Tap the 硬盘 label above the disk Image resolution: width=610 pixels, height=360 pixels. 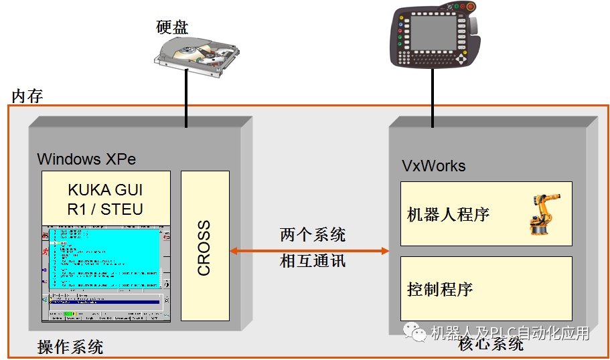tap(172, 27)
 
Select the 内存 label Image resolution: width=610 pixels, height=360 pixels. tap(27, 96)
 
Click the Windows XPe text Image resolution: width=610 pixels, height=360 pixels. tap(86, 159)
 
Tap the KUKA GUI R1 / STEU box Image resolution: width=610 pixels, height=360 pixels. tap(105, 198)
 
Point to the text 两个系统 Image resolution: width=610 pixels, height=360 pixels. tap(313, 235)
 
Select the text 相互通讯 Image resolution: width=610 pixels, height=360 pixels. tap(313, 261)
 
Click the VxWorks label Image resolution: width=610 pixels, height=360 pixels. tap(433, 166)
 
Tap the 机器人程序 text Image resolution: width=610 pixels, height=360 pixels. tap(449, 214)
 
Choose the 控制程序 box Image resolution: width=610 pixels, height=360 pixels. tap(486, 288)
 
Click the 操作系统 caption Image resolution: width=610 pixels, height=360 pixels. tap(70, 347)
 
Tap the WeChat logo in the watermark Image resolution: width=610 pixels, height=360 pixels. tap(414, 332)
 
